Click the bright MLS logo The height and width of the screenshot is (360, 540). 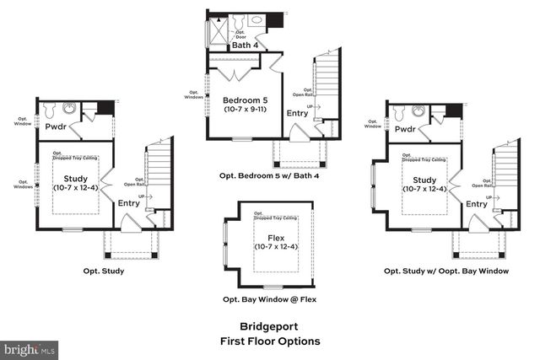tap(30, 347)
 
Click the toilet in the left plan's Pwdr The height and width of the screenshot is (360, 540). tap(49, 110)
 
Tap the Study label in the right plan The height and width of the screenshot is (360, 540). tap(424, 180)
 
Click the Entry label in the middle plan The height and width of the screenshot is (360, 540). tap(297, 113)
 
